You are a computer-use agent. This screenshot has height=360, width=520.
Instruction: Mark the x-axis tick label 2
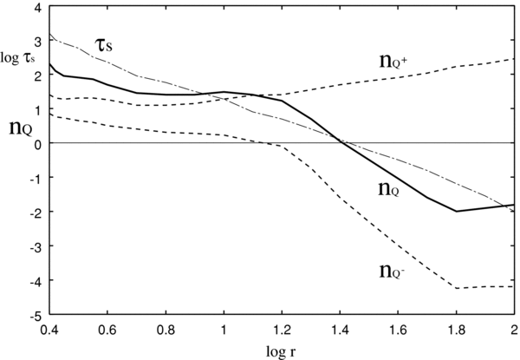(x=514, y=330)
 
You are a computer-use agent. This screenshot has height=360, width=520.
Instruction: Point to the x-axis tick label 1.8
(x=456, y=330)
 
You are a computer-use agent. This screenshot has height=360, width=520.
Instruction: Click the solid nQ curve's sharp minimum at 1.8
(x=457, y=211)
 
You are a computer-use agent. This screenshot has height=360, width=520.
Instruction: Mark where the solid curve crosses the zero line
(x=341, y=143)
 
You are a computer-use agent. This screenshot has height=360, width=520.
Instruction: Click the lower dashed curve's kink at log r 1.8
(x=457, y=288)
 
